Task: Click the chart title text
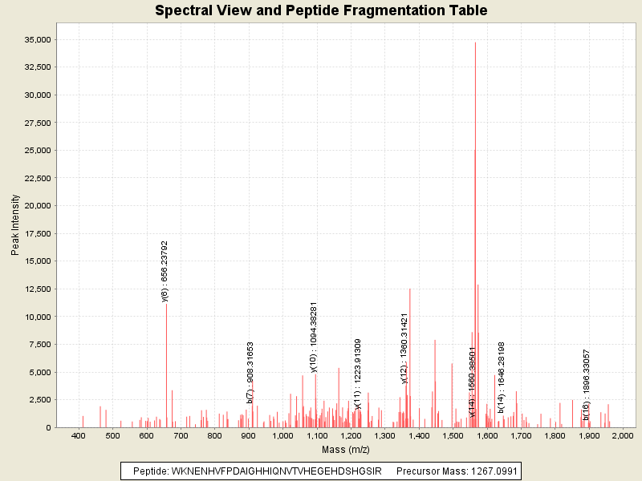coord(321,11)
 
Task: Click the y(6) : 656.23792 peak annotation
coord(165,271)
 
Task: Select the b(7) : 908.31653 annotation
coord(251,372)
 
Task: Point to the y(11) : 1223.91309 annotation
coord(358,374)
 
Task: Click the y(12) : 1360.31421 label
coord(404,348)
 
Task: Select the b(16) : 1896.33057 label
coord(586,384)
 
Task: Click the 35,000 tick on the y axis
coord(38,39)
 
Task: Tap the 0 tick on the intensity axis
coord(47,427)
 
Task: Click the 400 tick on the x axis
coord(79,436)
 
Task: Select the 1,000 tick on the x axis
coord(282,436)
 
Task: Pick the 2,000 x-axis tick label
coord(623,436)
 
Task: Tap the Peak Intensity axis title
coord(15,228)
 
